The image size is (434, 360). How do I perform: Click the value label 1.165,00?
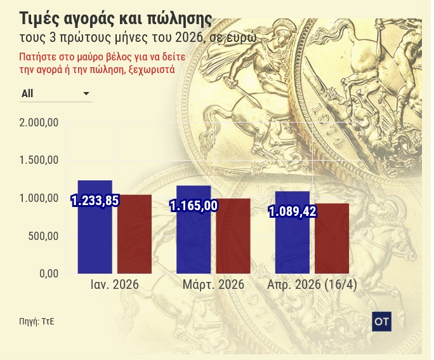[x=194, y=206]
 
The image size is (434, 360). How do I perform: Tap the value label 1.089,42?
[x=293, y=211]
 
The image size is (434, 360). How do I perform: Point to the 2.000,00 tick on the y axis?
[x=39, y=123]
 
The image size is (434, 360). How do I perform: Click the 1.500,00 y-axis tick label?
[x=39, y=161]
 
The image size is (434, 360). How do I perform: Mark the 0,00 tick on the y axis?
[x=48, y=274]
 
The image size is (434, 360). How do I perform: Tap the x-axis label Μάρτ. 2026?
[x=213, y=285]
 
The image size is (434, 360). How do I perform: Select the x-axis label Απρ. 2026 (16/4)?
[x=312, y=285]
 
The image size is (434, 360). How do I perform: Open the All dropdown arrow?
[x=86, y=94]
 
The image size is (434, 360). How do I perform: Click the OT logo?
[x=381, y=322]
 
